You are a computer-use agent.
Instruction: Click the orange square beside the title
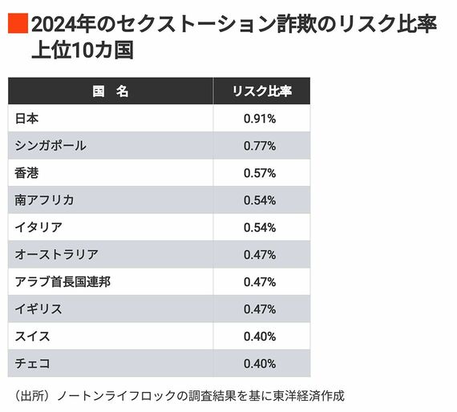[x=18, y=24]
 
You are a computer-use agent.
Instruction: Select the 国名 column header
[x=111, y=91]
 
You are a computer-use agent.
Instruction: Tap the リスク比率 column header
[x=261, y=91]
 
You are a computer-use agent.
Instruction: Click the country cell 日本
[x=27, y=119]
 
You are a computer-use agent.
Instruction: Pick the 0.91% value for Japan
[x=260, y=119]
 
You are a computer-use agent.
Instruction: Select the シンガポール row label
[x=51, y=146]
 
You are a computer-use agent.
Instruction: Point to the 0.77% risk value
[x=260, y=146]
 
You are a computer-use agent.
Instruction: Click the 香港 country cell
[x=27, y=172]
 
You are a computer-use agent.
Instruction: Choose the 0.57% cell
[x=260, y=172]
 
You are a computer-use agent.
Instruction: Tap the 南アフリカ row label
[x=44, y=200]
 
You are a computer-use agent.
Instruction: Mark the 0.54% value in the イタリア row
[x=260, y=227]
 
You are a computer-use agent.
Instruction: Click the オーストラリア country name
[x=56, y=254]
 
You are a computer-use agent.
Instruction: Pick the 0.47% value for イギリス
[x=260, y=309]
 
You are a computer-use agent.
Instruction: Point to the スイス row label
[x=33, y=336]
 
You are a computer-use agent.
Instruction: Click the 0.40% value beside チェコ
[x=260, y=363]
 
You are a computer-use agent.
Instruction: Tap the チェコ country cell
[x=33, y=363]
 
